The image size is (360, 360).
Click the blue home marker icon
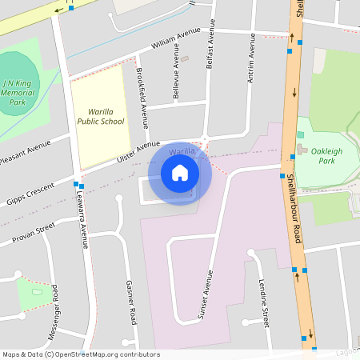(180, 173)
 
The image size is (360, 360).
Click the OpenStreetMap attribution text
(81, 354)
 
